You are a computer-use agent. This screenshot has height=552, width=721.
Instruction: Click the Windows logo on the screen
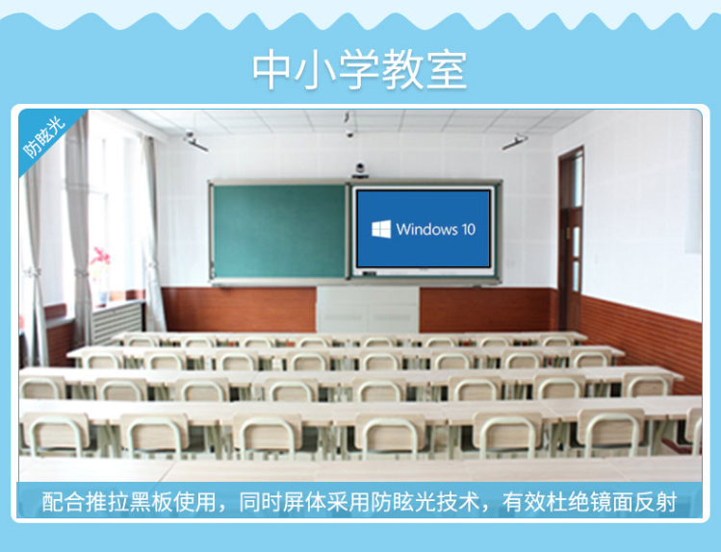(x=381, y=229)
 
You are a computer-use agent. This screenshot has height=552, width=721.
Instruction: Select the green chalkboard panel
(x=278, y=231)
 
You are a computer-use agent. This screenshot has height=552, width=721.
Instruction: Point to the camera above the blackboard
(x=360, y=169)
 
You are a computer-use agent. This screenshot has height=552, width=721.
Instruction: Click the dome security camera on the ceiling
(x=350, y=134)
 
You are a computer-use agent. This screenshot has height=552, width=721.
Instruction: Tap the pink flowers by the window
(x=99, y=256)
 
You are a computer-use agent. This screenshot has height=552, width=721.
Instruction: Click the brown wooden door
(x=571, y=239)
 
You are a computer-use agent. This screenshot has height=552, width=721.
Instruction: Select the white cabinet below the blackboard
(x=368, y=310)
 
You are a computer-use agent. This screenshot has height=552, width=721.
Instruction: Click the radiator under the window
(x=117, y=321)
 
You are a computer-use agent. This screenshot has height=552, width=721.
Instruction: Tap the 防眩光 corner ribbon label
(x=44, y=138)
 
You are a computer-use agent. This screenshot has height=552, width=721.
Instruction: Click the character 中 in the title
(x=271, y=70)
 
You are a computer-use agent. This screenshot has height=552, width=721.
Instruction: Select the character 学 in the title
(x=359, y=70)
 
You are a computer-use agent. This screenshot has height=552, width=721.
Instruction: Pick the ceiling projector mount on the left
(x=195, y=141)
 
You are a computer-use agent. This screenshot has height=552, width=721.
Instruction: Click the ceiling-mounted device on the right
(x=515, y=142)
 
